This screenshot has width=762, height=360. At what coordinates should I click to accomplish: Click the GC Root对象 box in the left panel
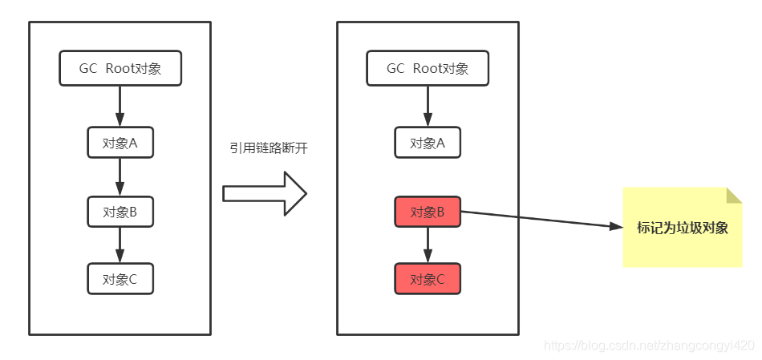(x=120, y=68)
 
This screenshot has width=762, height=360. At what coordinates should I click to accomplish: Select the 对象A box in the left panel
(x=120, y=144)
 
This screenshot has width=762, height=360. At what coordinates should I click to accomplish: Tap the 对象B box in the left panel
(x=120, y=212)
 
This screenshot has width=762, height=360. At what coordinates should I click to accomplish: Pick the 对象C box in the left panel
(x=120, y=279)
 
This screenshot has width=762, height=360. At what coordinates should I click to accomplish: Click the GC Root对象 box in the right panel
(x=428, y=68)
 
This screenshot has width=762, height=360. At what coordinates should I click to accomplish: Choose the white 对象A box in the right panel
(x=428, y=144)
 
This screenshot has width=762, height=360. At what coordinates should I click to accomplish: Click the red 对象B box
(x=428, y=212)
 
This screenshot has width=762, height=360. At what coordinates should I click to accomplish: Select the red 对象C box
(x=428, y=279)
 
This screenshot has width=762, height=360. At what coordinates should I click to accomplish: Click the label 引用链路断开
(x=268, y=148)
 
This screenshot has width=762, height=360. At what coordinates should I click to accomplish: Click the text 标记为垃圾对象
(x=682, y=227)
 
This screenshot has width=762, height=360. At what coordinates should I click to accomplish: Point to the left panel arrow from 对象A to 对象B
(x=120, y=177)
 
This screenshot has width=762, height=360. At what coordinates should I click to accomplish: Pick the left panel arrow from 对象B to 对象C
(x=120, y=245)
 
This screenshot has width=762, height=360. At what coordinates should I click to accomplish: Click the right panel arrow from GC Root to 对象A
(x=428, y=106)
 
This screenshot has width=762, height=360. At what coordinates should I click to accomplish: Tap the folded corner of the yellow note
(x=735, y=195)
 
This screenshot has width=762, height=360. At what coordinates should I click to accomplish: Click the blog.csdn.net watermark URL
(x=650, y=346)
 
